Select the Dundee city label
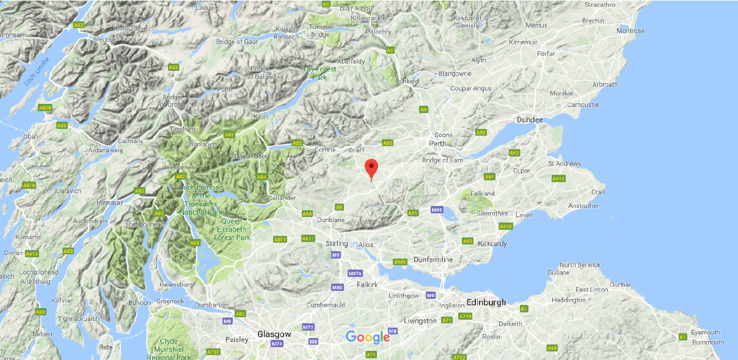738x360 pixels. (x=529, y=120)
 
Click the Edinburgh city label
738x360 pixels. (x=486, y=303)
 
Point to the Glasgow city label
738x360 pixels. (x=274, y=334)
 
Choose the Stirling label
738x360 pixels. (x=336, y=243)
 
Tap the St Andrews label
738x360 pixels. (x=564, y=163)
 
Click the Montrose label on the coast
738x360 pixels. (x=630, y=31)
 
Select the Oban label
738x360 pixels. (x=31, y=136)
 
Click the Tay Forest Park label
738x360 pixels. (x=320, y=73)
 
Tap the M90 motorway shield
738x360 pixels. (x=436, y=210)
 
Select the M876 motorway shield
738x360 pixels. (x=355, y=273)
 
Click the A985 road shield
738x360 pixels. (x=400, y=262)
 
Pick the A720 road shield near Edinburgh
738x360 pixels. (x=466, y=316)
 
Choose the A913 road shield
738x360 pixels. (x=558, y=178)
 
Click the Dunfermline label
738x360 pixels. (x=433, y=259)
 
